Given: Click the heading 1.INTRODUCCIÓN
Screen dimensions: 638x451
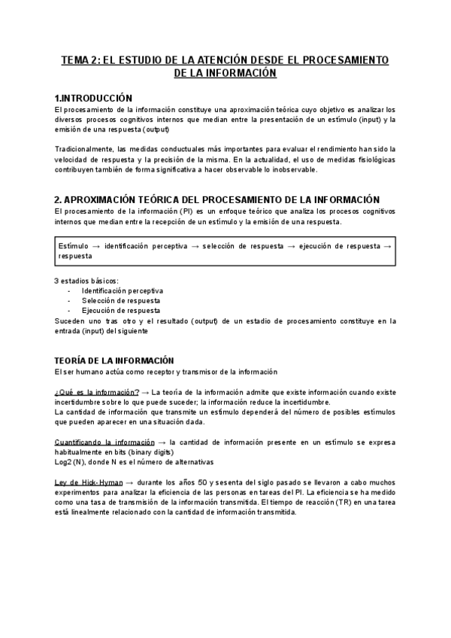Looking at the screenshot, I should tap(93, 99).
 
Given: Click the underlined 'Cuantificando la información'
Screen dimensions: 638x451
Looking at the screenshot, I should tap(104, 442).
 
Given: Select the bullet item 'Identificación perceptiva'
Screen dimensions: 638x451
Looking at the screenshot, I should tap(122, 290).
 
